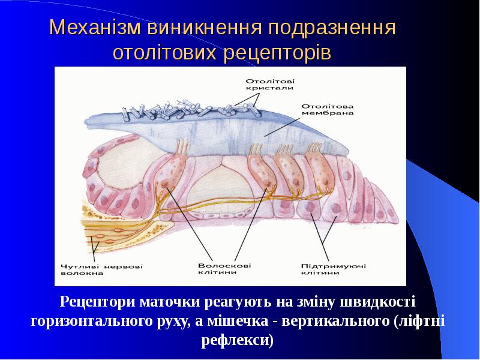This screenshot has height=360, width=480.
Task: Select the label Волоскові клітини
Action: tap(224, 268)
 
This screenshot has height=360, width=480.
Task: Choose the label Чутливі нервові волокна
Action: tap(102, 269)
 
